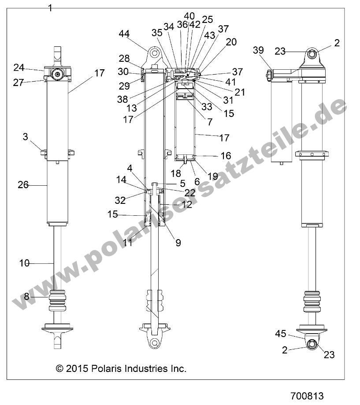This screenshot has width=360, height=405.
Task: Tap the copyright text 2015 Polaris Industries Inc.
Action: (x=121, y=368)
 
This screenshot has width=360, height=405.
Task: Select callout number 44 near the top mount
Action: (x=124, y=34)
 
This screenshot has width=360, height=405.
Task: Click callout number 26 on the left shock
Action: (x=23, y=185)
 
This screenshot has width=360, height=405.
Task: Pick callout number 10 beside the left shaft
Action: (x=24, y=263)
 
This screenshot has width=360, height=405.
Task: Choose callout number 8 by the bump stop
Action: (x=26, y=297)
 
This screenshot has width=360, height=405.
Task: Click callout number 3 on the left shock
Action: (x=26, y=137)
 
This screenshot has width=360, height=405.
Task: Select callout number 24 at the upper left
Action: (x=19, y=67)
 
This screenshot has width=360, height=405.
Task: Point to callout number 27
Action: (x=19, y=82)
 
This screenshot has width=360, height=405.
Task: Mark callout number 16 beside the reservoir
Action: (x=226, y=155)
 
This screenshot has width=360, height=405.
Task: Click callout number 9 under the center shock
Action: (x=178, y=242)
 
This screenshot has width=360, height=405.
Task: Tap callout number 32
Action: (x=119, y=200)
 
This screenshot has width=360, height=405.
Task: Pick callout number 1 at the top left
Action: (x=50, y=7)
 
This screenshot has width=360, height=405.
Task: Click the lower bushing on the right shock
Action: (x=312, y=345)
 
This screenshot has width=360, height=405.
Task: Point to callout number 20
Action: (x=231, y=42)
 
